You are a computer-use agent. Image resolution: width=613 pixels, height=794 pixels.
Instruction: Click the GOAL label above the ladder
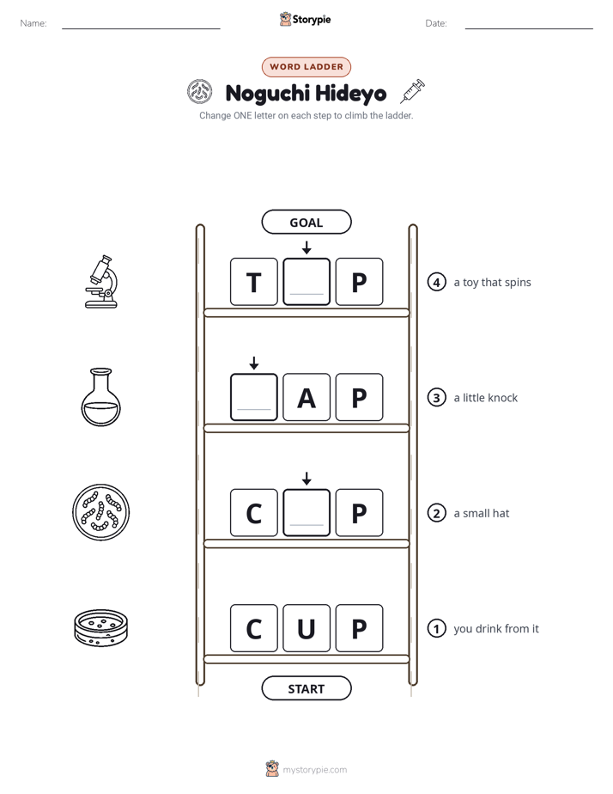(306, 222)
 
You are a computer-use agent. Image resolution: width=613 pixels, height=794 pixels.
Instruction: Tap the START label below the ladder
(306, 688)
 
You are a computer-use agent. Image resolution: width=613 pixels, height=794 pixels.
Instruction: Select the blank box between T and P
(306, 282)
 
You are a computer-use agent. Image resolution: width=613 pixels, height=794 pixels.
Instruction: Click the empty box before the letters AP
(254, 397)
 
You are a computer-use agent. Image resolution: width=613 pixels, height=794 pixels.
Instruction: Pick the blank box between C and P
(306, 512)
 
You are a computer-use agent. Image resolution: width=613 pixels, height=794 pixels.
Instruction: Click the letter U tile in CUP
(306, 628)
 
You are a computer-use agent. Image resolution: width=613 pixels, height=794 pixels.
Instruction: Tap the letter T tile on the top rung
(254, 282)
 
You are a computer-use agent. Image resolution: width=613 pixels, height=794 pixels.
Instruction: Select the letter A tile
(306, 397)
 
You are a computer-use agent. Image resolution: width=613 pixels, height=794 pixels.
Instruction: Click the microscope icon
(101, 282)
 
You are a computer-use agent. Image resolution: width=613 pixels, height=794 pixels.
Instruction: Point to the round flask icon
(101, 396)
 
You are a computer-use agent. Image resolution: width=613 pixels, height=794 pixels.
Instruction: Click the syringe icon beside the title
(413, 91)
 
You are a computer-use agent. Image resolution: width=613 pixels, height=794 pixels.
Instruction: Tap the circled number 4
(436, 282)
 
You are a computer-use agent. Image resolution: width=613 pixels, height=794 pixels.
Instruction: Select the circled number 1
(436, 628)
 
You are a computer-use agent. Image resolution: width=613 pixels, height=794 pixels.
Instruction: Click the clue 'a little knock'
(486, 398)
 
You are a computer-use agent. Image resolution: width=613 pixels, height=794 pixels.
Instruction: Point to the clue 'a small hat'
(482, 513)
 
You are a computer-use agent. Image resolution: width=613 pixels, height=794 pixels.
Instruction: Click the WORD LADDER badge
(306, 67)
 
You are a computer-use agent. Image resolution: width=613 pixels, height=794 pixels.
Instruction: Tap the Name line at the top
(141, 28)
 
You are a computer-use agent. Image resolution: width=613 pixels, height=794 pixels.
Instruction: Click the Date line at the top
(529, 28)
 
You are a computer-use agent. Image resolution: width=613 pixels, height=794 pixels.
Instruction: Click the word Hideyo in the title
(350, 93)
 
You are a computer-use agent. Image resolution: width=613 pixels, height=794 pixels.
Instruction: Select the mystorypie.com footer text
(314, 770)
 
